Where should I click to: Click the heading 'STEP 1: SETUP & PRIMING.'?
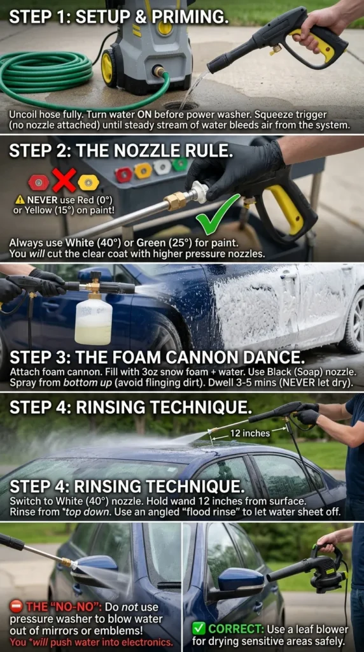[x=118, y=17]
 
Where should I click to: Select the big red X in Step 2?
[x=64, y=180]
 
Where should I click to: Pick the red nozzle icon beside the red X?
[x=39, y=182]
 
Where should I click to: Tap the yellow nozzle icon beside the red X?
[x=88, y=182]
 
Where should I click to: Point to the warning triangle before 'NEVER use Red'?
[x=20, y=199]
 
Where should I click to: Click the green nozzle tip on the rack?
[x=180, y=165]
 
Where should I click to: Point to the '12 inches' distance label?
[x=249, y=433]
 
